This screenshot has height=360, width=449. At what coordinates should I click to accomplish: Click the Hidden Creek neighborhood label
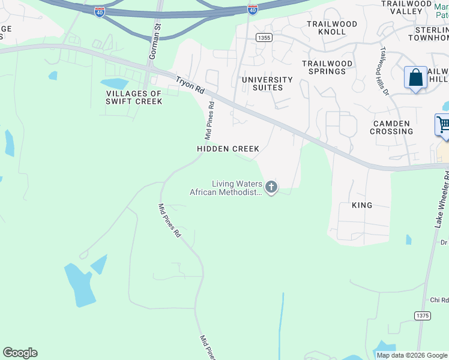(x=228, y=149)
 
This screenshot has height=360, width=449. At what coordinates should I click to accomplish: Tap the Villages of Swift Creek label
(x=134, y=97)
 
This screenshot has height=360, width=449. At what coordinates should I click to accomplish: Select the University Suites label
(x=267, y=83)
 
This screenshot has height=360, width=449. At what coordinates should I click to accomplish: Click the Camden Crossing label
(x=391, y=127)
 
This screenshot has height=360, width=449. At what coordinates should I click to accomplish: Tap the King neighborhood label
(x=362, y=205)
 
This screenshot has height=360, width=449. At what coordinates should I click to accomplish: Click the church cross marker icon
(x=271, y=188)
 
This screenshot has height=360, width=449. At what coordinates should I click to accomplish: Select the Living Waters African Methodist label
(x=226, y=188)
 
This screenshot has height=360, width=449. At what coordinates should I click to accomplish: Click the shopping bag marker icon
(x=415, y=77)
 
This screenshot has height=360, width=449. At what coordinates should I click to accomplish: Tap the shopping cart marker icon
(x=444, y=125)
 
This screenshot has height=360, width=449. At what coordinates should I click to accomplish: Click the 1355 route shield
(x=262, y=38)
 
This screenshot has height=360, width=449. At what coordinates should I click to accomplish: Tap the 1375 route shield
(x=422, y=315)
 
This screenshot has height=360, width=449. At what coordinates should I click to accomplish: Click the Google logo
(x=20, y=353)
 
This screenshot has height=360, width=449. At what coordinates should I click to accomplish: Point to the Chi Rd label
(x=439, y=300)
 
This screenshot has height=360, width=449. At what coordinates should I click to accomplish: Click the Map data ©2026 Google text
(x=412, y=355)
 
